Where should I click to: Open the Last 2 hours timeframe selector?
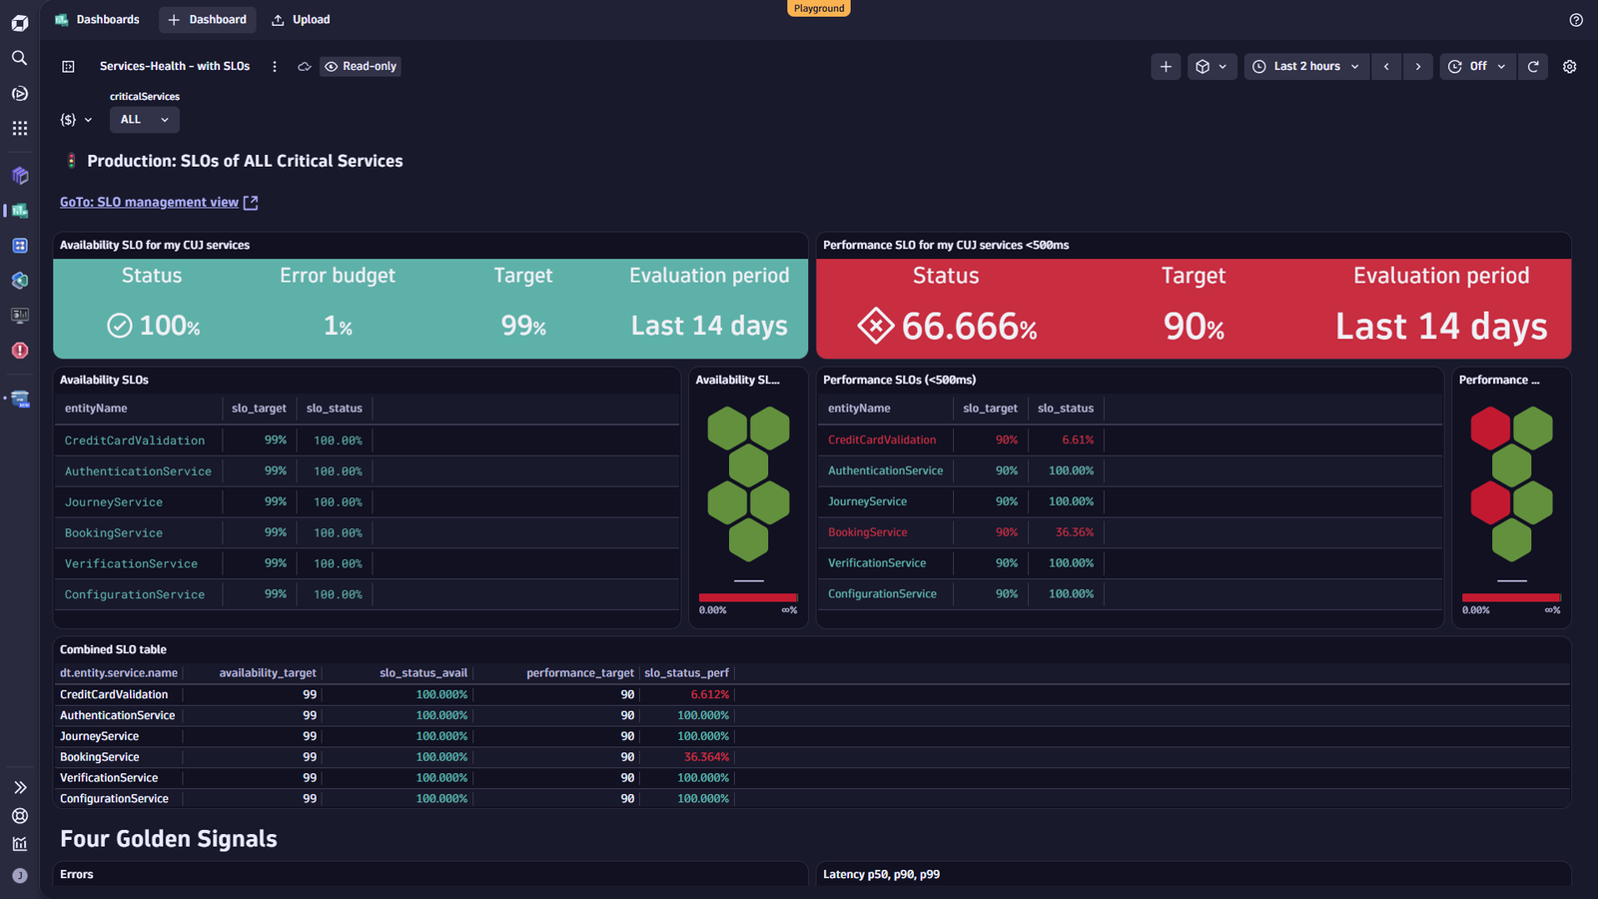[1307, 66]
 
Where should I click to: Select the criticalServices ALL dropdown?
[144, 120]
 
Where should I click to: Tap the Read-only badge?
[361, 66]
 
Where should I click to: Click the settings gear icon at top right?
[1569, 66]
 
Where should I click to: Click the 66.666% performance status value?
[968, 327]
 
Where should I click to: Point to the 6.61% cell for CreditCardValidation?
[1078, 440]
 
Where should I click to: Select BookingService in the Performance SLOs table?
[868, 532]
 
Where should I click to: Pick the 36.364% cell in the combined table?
[706, 757]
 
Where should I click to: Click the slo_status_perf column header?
[686, 673]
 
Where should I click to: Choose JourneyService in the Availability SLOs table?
[114, 502]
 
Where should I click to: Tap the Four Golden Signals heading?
[169, 838]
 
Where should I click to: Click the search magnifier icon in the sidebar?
[19, 58]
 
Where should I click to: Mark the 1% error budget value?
[338, 326]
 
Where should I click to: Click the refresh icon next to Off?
[1533, 66]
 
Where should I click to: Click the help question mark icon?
[1576, 20]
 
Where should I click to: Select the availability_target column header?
[268, 673]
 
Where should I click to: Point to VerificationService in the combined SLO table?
[109, 778]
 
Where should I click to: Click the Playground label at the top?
[819, 8]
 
